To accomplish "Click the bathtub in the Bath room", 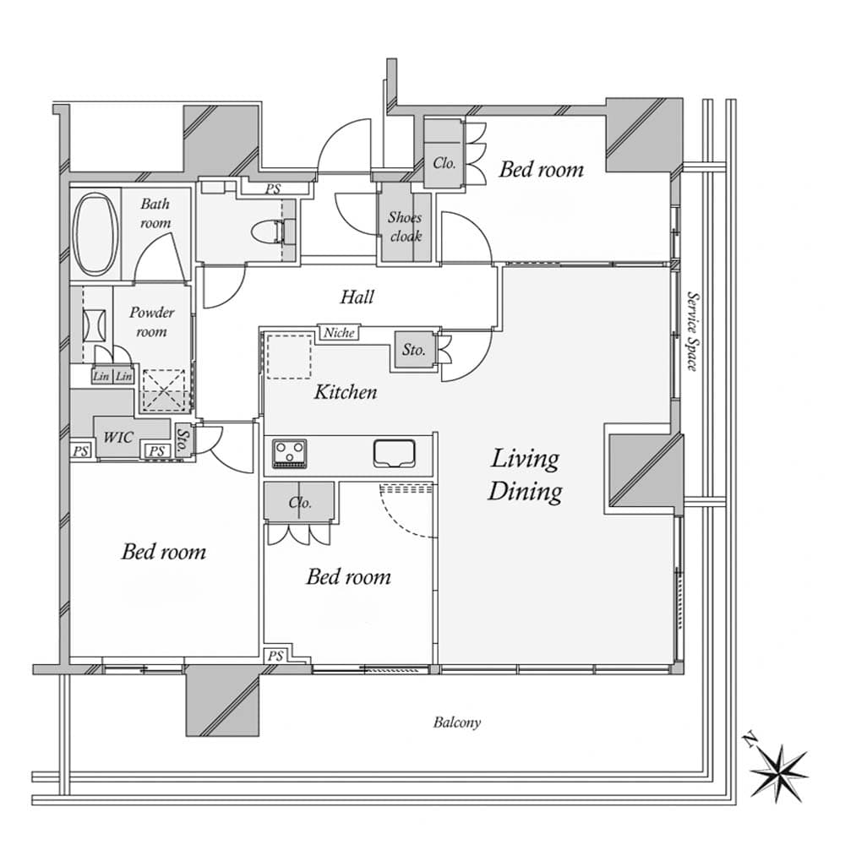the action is (x=95, y=234).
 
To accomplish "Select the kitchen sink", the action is (x=394, y=454).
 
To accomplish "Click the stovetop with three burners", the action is (x=290, y=453).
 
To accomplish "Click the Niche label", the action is (x=339, y=332).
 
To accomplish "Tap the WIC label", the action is (x=117, y=437).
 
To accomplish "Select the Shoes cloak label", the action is (x=406, y=226).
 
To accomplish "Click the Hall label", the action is (x=357, y=297).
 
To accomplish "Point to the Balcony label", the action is (x=457, y=722).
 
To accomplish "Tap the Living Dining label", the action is (x=525, y=475).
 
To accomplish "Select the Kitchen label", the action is (x=346, y=392).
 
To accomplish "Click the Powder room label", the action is (x=151, y=322).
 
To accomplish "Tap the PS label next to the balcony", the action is (x=275, y=656).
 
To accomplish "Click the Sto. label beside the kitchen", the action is (x=413, y=350).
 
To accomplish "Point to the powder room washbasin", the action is (x=96, y=324).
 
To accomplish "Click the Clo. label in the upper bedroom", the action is (x=444, y=163).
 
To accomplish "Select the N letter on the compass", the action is (x=748, y=742).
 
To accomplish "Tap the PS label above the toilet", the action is (x=273, y=189).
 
